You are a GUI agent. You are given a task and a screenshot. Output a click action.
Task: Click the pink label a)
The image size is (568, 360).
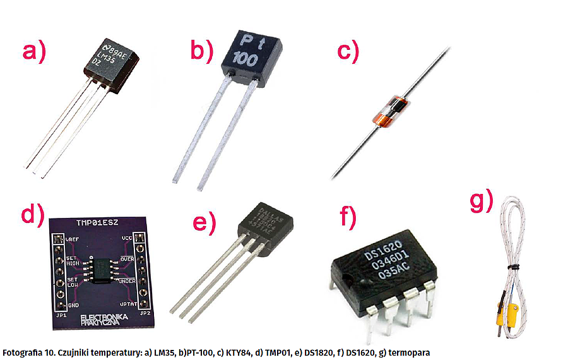pyautogui.click(x=35, y=51)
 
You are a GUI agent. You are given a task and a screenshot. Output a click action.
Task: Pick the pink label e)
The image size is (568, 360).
pyautogui.click(x=203, y=222)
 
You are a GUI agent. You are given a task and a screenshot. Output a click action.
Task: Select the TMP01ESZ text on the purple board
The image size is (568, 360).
pyautogui.click(x=100, y=222)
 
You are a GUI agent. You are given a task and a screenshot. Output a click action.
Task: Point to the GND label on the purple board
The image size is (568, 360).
pyautogui.click(x=73, y=305)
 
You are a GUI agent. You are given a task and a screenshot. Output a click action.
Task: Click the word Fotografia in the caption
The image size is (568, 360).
pyautogui.click(x=23, y=352)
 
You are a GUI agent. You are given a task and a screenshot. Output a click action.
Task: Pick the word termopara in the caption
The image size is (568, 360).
pyautogui.click(x=410, y=352)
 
